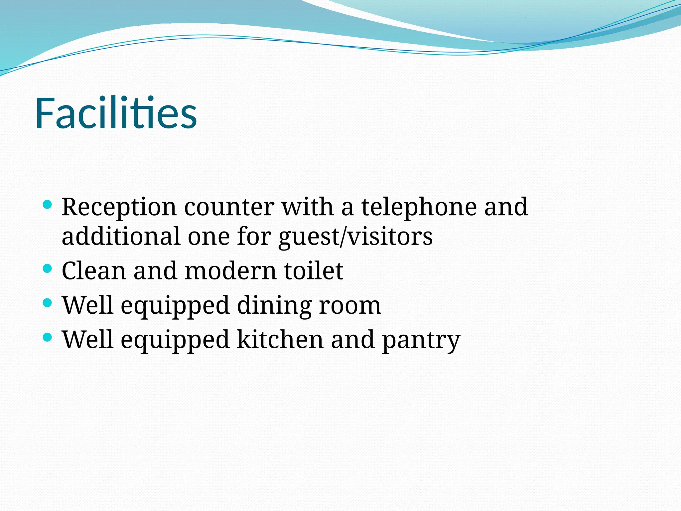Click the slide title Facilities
116,113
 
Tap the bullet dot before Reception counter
48,204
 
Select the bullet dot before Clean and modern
48,268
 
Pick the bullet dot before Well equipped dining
48,303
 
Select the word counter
229,207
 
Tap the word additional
121,236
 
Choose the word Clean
93,271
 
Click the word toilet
314,271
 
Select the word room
350,306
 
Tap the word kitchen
280,340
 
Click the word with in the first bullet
308,207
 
